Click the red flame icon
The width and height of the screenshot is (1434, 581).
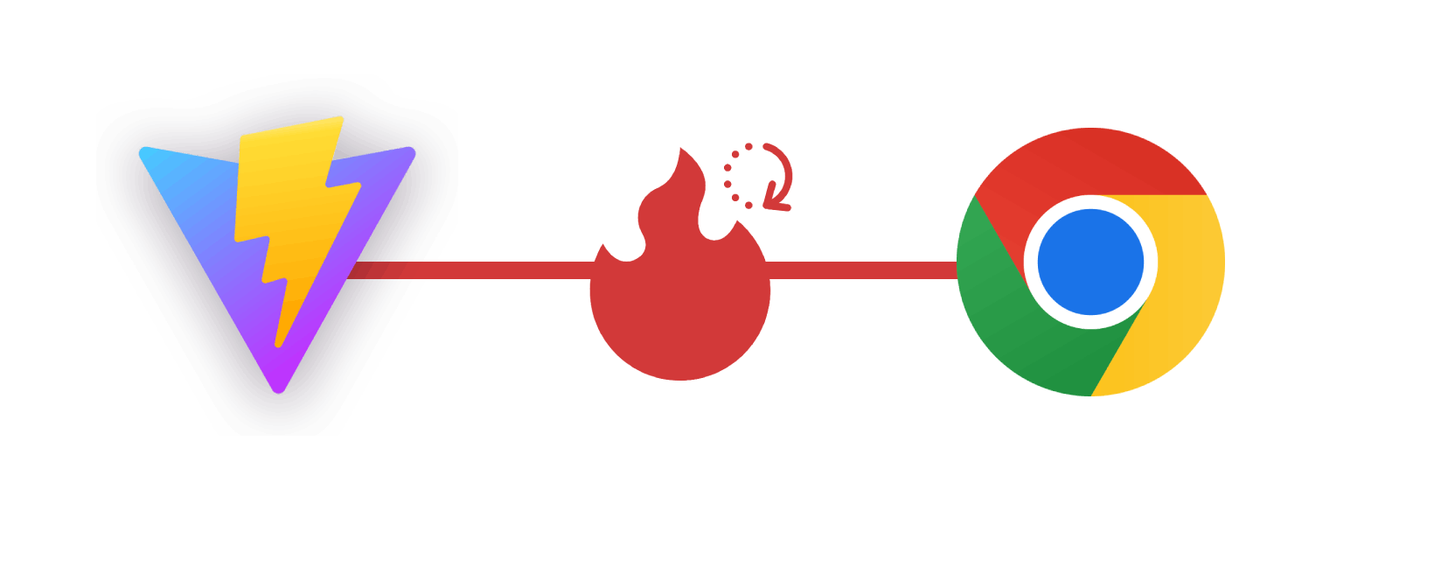[x=680, y=297]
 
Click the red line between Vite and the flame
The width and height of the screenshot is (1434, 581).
[x=490, y=269]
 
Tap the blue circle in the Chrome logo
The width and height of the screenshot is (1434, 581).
[x=1090, y=262]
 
